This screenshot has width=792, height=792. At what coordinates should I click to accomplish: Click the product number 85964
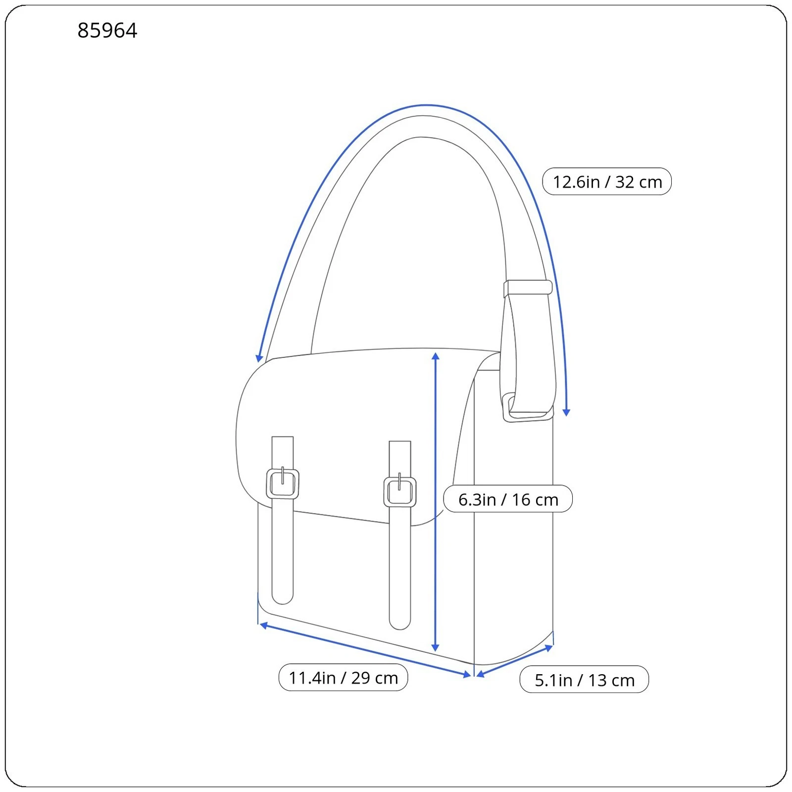tap(107, 31)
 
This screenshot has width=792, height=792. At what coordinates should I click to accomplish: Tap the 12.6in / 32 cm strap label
tap(607, 182)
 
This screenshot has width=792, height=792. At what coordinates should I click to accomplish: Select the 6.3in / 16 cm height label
tap(508, 499)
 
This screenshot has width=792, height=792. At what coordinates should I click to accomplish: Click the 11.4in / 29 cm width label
tap(343, 678)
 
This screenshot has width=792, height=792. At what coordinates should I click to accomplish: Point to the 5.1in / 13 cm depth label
tap(584, 680)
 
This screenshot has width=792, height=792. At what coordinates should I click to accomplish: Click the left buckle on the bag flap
tap(283, 484)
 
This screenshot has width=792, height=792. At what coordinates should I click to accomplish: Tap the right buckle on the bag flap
tap(400, 492)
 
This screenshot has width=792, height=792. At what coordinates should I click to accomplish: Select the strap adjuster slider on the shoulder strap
tap(528, 288)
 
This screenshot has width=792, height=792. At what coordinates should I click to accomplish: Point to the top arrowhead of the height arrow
tap(436, 356)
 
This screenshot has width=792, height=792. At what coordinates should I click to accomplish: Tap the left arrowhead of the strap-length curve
tap(259, 358)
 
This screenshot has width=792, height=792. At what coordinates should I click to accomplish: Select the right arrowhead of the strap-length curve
tap(567, 412)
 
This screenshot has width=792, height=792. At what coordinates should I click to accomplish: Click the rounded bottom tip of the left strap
tap(283, 598)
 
